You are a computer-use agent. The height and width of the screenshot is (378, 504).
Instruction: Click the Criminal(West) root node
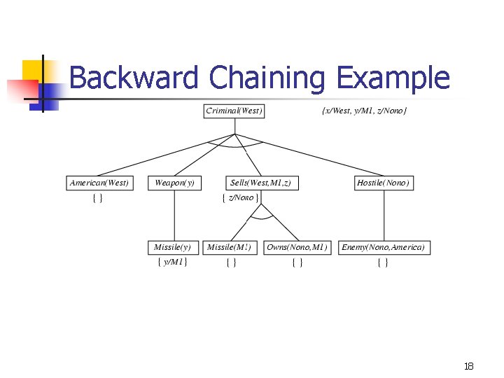(x=234, y=111)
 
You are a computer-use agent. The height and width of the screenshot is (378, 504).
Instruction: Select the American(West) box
(x=99, y=183)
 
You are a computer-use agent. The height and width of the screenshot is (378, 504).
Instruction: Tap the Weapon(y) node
(x=174, y=183)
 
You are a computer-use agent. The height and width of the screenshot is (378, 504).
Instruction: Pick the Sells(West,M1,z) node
(x=260, y=183)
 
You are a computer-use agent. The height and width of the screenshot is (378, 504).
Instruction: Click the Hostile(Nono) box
(x=384, y=183)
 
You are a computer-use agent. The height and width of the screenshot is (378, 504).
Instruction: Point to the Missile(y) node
(x=172, y=247)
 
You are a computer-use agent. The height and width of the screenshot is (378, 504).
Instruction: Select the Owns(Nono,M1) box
(x=297, y=247)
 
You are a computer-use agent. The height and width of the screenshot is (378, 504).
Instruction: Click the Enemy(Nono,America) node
(x=383, y=247)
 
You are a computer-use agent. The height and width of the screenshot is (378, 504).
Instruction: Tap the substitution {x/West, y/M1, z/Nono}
(x=363, y=111)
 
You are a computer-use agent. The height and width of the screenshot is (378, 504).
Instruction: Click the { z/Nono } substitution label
(x=240, y=197)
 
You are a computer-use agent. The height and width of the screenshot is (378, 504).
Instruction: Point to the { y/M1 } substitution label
(x=172, y=262)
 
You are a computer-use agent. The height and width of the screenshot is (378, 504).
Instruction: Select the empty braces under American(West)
(x=98, y=198)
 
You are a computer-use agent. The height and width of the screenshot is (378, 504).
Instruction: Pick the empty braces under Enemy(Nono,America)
(x=382, y=262)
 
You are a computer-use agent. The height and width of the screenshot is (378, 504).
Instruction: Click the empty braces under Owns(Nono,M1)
(x=297, y=262)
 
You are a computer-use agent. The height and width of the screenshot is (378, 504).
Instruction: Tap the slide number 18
(x=468, y=366)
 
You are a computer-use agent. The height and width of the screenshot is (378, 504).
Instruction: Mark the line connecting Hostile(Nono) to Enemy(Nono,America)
(x=384, y=215)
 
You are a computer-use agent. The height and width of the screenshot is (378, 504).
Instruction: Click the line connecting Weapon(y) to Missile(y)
(x=174, y=215)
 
